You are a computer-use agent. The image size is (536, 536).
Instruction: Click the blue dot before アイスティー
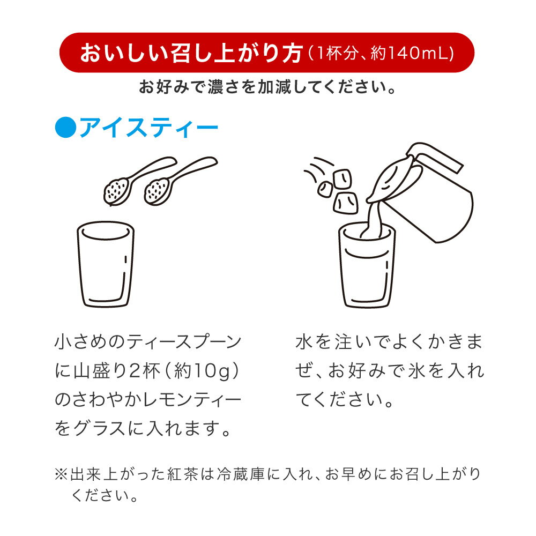(65, 127)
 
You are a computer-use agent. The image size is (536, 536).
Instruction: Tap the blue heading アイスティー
(148, 128)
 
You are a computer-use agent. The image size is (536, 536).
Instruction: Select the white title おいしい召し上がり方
(191, 53)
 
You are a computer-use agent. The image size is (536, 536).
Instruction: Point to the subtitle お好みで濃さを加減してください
(267, 87)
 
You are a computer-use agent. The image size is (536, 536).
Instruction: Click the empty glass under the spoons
(106, 264)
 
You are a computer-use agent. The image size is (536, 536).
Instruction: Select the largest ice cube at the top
(342, 179)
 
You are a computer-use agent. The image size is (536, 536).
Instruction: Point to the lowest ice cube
(345, 203)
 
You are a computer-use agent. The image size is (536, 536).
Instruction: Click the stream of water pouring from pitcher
(373, 219)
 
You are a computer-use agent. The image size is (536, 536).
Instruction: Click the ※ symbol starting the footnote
(61, 474)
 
